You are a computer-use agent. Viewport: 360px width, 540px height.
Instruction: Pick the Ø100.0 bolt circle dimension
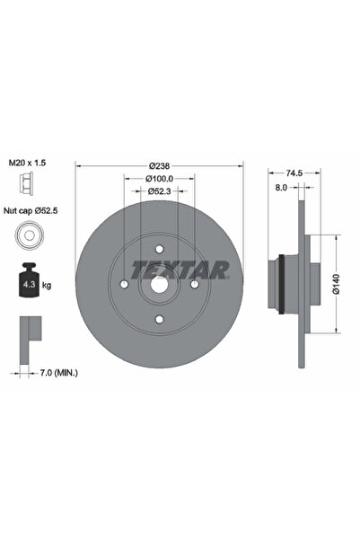tap(159, 180)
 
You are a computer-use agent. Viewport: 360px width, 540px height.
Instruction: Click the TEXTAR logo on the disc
tap(180, 268)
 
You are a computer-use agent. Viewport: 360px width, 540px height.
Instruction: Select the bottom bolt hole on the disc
tap(159, 320)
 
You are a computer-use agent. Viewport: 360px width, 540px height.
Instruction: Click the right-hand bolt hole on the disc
tap(194, 285)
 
